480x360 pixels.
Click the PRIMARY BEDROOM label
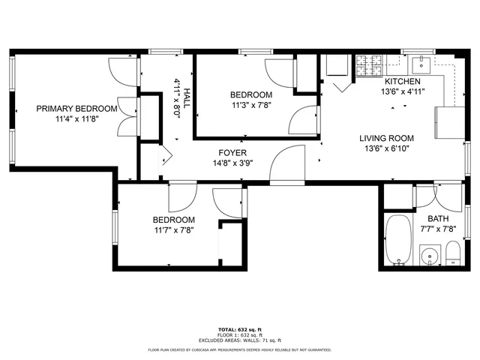[x=76, y=109]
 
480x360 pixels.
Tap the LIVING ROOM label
[x=386, y=138]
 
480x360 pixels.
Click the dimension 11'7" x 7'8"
[x=174, y=230]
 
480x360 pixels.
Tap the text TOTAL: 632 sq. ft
[x=239, y=330]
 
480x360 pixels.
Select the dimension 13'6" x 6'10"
[x=386, y=148]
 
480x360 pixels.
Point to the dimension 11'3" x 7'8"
[x=250, y=105]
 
